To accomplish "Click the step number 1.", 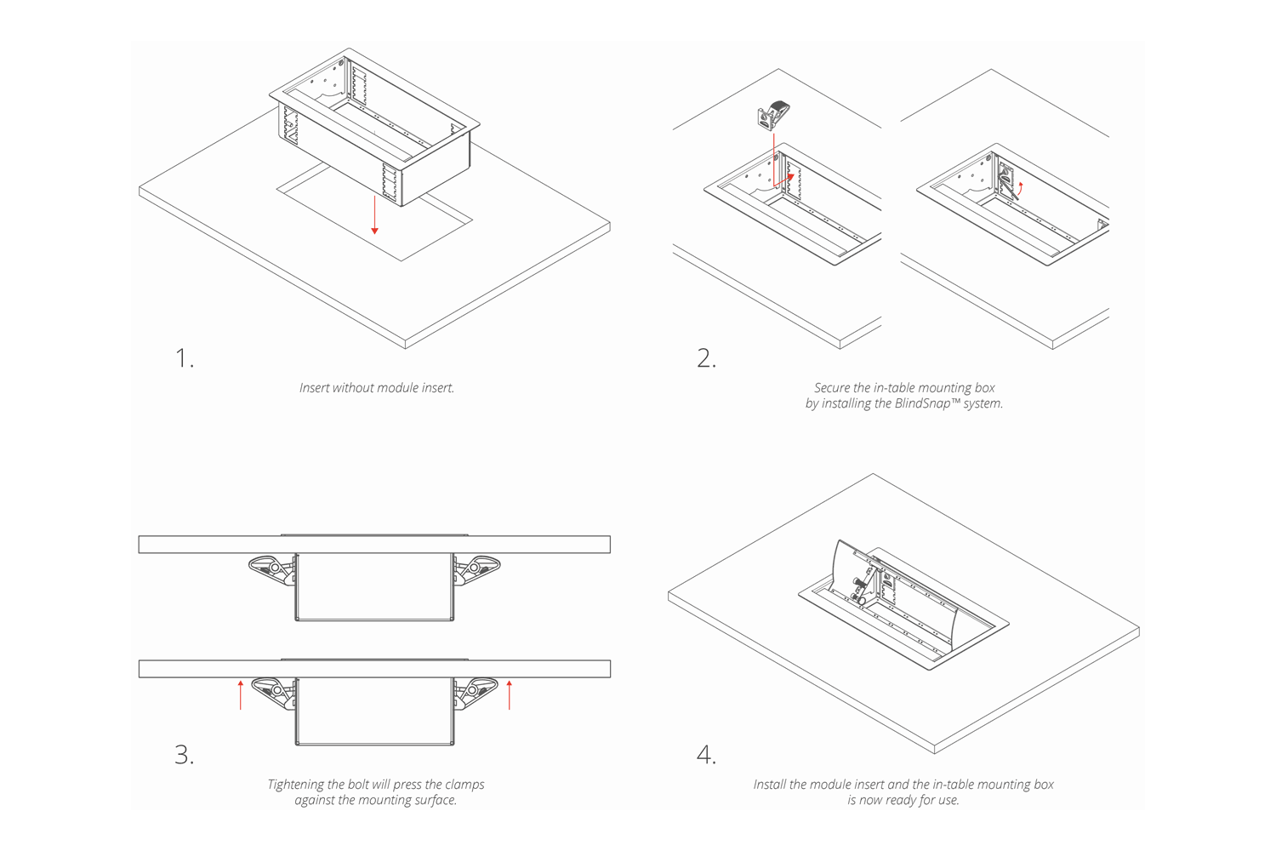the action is pos(184,358).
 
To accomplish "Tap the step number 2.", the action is pos(706,358).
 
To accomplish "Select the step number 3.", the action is pos(184,755).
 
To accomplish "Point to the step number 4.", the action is pos(706,755).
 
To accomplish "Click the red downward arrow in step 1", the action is pos(374,215).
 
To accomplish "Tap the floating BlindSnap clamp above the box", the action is pos(773,115).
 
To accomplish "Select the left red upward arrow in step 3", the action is pos(241,694).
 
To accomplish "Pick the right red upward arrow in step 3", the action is pos(510,694).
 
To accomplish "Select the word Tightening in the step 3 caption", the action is pos(297,785).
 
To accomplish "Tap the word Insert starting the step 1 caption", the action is pos(314,387).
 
